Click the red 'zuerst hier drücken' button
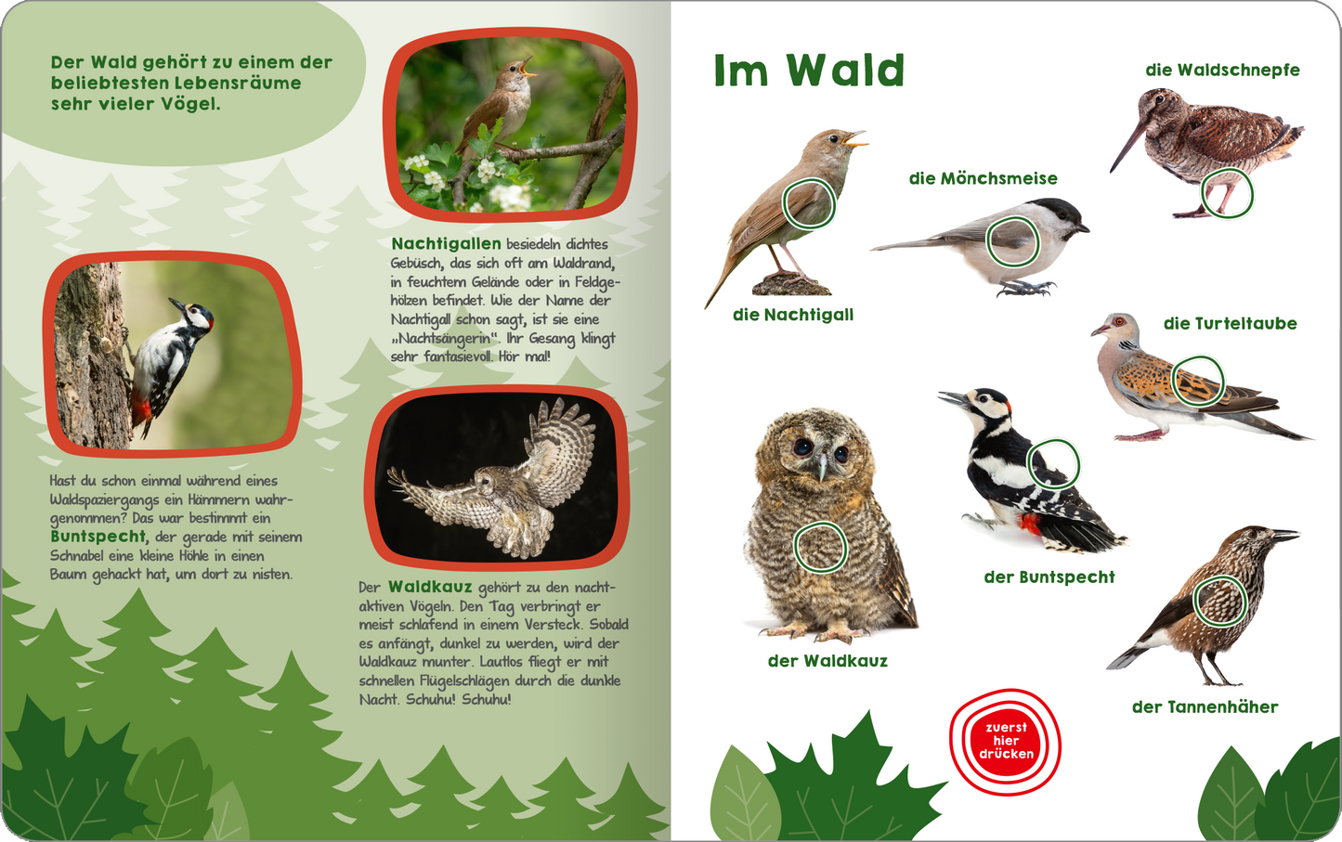click(x=1005, y=742)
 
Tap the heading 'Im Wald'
click(x=809, y=71)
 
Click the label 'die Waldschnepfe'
click(x=1222, y=70)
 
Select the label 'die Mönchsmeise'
click(x=983, y=178)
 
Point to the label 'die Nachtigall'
click(x=792, y=315)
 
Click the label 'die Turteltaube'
click(x=1230, y=323)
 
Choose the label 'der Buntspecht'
click(x=1049, y=576)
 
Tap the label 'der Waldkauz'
click(x=827, y=661)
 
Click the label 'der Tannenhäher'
click(x=1205, y=706)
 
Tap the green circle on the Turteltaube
click(x=1197, y=381)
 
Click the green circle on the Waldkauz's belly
click(x=820, y=547)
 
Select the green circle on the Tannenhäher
click(x=1219, y=600)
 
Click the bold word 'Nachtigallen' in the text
click(x=446, y=244)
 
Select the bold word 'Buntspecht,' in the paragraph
click(x=98, y=537)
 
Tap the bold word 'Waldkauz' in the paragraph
click(x=430, y=587)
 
